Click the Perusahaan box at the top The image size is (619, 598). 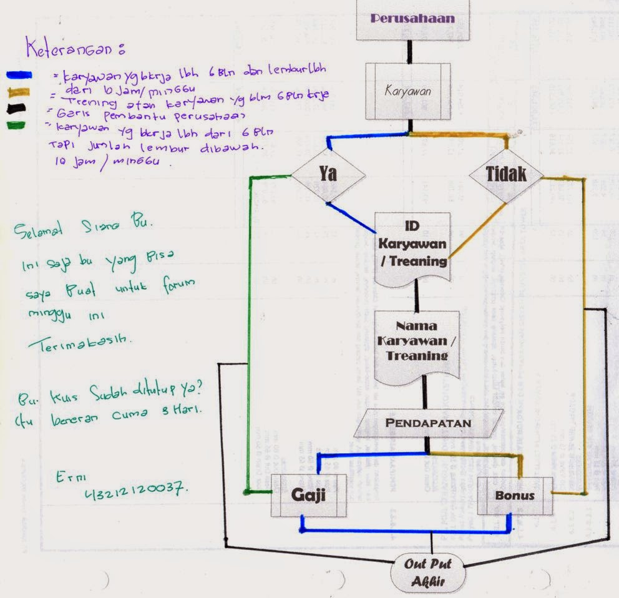pyautogui.click(x=412, y=19)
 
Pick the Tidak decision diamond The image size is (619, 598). pyautogui.click(x=505, y=175)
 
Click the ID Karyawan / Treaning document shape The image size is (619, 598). pyautogui.click(x=412, y=244)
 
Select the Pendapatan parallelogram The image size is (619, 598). pyautogui.click(x=427, y=423)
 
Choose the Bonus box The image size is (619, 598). pyautogui.click(x=515, y=496)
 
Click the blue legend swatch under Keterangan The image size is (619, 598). pyautogui.click(x=18, y=75)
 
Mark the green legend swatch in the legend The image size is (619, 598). pyautogui.click(x=17, y=124)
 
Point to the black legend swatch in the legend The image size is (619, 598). pyautogui.click(x=17, y=108)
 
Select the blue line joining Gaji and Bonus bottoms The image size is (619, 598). pyautogui.click(x=406, y=531)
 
